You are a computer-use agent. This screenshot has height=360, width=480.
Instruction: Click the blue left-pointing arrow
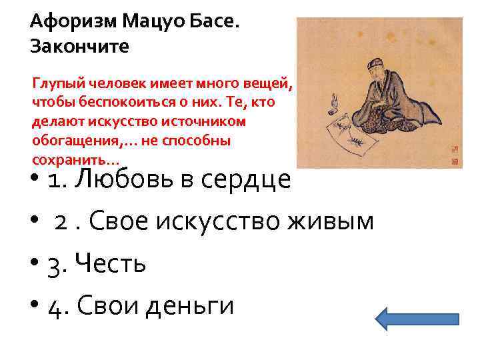coord(417,319)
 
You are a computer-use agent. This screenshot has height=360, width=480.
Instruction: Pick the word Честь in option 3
coord(111,264)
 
